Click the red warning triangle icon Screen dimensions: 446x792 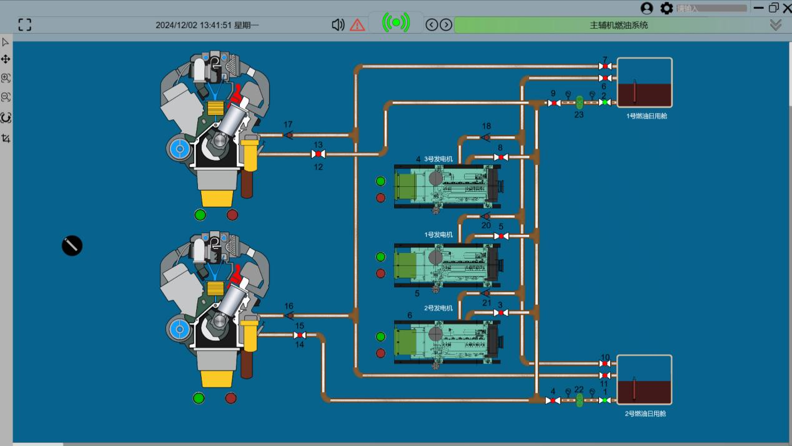tap(357, 25)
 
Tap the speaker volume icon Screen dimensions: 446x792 tap(338, 25)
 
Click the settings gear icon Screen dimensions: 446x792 tap(666, 8)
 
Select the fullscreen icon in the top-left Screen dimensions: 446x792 tap(25, 25)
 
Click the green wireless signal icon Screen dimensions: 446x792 tap(396, 23)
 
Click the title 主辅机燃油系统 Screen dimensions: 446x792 tap(618, 25)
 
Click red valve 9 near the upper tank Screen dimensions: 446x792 tap(553, 102)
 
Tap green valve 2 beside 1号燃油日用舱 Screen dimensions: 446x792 tap(604, 102)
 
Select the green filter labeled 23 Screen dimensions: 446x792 tap(579, 101)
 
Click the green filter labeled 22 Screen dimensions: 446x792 tap(579, 399)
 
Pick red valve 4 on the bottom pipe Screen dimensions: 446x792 tap(553, 400)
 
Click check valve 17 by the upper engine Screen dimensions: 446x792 tap(289, 134)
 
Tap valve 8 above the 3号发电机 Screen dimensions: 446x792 tap(500, 157)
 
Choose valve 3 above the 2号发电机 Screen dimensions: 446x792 tap(500, 312)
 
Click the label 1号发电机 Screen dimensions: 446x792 tap(438, 235)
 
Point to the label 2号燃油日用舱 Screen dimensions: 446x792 tap(645, 414)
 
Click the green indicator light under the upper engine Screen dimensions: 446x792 tap(200, 215)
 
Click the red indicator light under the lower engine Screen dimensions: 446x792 tap(230, 398)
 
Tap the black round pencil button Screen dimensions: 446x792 tap(72, 245)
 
